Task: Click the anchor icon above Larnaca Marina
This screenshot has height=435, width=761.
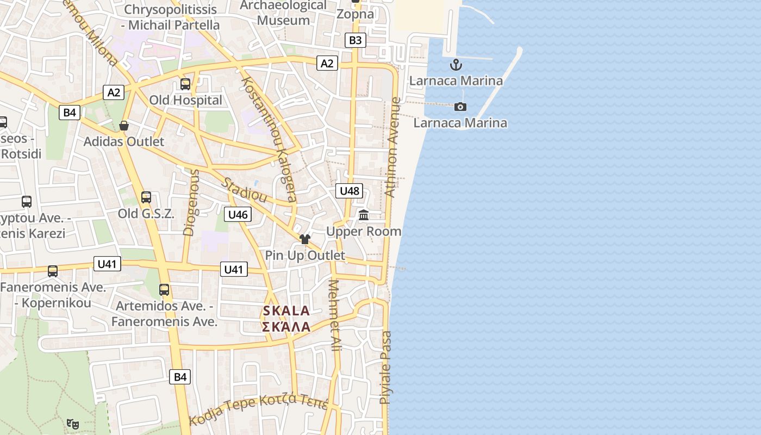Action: point(456,66)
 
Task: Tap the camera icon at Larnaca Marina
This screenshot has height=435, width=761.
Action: point(460,107)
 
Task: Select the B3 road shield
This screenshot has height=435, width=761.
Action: point(355,40)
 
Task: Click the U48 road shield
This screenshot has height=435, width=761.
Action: point(349,191)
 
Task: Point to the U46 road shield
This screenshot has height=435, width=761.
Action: point(238,214)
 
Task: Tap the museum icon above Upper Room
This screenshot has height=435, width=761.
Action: point(364,215)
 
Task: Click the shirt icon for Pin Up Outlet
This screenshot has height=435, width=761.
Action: point(304,239)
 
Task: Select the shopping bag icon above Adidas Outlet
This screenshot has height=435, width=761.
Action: point(124,126)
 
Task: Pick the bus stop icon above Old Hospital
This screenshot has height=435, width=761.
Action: point(185,84)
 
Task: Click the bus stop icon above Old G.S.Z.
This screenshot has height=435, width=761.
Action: point(146,197)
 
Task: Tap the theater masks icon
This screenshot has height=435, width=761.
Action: point(72,423)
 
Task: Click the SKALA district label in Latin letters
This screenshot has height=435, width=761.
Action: point(286,311)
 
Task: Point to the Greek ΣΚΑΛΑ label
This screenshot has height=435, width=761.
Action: point(286,327)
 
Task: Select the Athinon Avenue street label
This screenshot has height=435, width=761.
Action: point(392,147)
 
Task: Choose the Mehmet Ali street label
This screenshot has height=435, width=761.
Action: point(335,315)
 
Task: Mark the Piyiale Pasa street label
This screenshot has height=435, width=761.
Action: point(385,367)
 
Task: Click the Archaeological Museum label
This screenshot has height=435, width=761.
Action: point(283,13)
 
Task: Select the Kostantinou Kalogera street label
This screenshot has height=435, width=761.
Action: point(269,138)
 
